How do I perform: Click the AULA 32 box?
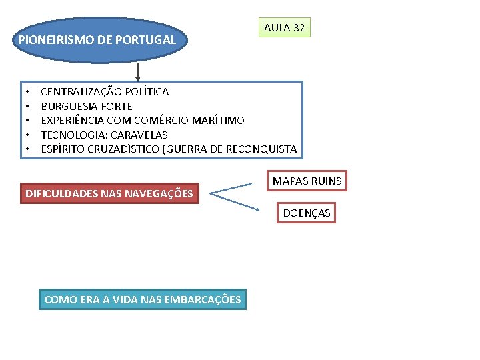[285, 28]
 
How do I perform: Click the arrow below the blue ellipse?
[138, 72]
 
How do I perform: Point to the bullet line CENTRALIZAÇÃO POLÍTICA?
[105, 92]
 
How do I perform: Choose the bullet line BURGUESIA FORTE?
[87, 106]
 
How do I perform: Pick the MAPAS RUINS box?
[307, 181]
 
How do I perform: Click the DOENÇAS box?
[307, 213]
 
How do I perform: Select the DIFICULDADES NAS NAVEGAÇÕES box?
[109, 194]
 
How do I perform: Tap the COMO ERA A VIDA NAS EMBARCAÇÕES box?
[143, 300]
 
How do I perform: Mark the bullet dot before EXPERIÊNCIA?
[28, 121]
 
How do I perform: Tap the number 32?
[299, 28]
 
